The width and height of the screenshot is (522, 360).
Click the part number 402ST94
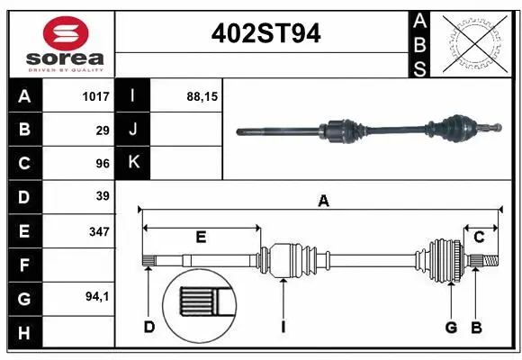tap(265, 35)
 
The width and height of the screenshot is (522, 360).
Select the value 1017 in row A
tap(94, 95)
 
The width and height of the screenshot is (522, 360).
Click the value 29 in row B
tap(103, 130)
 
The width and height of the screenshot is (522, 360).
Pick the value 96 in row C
tap(103, 164)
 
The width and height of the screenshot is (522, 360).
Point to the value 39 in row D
tap(103, 196)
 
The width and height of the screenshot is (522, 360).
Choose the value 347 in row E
tap(99, 231)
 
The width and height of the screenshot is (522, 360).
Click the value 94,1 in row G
tap(97, 296)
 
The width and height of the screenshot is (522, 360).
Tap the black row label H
tap(24, 334)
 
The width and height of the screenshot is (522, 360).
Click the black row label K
tap(134, 163)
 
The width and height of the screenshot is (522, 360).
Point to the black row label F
tap(24, 266)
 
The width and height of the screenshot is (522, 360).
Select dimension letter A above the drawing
tap(322, 202)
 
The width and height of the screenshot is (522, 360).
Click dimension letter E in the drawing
tap(201, 238)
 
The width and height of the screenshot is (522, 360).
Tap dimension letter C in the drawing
tap(480, 238)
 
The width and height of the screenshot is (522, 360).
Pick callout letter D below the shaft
tap(149, 327)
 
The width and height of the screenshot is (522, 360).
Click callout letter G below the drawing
tap(451, 327)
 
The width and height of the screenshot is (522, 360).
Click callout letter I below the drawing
tap(283, 327)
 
